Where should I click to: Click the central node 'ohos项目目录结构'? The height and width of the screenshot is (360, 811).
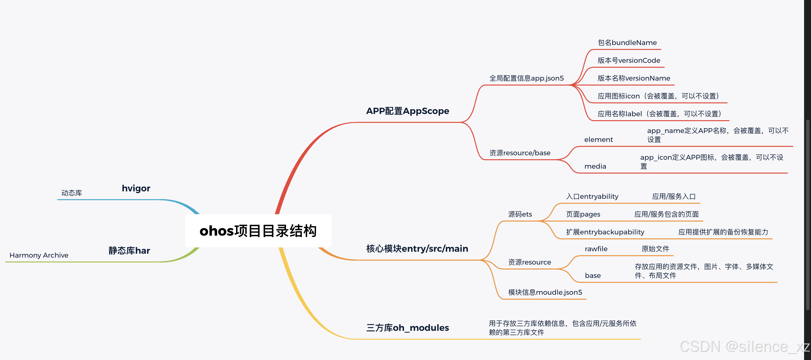coord(258,231)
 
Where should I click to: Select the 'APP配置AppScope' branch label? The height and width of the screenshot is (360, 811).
coord(407,111)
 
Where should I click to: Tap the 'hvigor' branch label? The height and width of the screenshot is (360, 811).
coord(136,188)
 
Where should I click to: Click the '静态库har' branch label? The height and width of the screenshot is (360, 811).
coord(129,250)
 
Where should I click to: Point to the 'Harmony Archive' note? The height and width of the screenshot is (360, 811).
coord(39,255)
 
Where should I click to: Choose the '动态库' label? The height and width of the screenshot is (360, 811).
coord(72,193)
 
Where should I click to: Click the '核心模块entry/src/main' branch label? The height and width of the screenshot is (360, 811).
coord(417,248)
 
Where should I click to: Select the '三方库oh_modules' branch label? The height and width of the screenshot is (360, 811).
coord(407,328)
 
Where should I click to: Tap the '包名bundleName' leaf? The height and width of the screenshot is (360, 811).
coord(627,43)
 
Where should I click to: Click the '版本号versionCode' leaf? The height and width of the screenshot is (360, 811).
coord(629,60)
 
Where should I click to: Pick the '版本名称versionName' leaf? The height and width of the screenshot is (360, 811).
coord(634,78)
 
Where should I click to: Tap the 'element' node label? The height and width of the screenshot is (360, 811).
coord(598,140)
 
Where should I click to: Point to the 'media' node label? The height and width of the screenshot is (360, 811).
coord(595,166)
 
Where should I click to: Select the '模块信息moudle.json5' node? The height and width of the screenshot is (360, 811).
coord(545,292)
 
